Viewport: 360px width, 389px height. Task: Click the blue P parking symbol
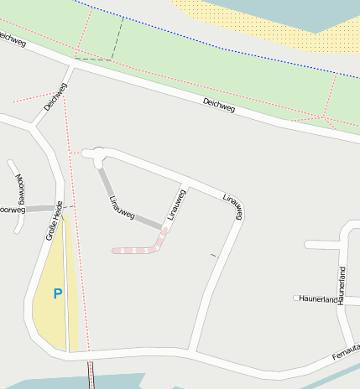(58, 293)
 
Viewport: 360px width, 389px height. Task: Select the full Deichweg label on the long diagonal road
(220, 106)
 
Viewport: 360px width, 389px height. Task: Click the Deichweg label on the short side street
(55, 99)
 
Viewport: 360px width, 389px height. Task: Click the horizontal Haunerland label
(319, 298)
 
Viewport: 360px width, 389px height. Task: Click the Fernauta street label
(345, 352)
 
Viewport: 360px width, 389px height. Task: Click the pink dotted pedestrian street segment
(138, 249)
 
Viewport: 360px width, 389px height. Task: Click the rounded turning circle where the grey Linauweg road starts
(99, 153)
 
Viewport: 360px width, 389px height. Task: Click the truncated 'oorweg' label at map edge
(13, 210)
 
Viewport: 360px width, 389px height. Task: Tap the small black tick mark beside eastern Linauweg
(212, 254)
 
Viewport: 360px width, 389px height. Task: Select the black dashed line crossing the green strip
(117, 38)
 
